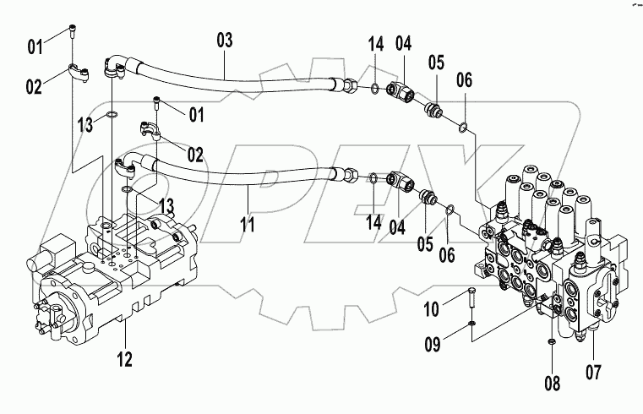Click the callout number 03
click(224, 39)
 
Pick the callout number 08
click(552, 383)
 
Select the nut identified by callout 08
click(551, 340)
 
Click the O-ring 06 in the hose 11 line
click(451, 209)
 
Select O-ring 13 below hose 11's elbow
click(126, 191)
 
